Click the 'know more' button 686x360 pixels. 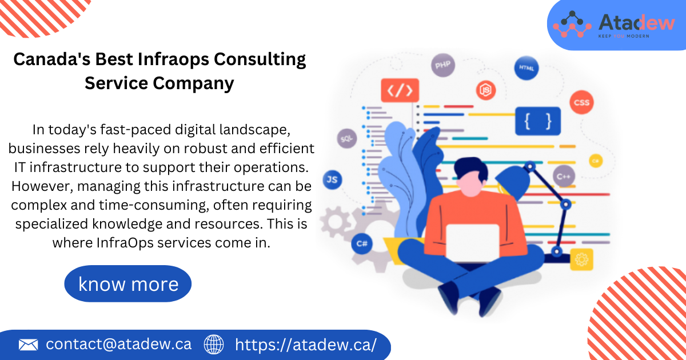pyautogui.click(x=127, y=284)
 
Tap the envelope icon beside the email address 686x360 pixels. pyautogui.click(x=28, y=345)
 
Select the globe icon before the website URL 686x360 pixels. pyautogui.click(x=214, y=345)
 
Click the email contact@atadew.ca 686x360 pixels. pyautogui.click(x=119, y=345)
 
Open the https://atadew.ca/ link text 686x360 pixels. pyautogui.click(x=306, y=345)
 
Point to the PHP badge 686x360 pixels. pyautogui.click(x=442, y=66)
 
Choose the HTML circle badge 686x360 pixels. pyautogui.click(x=525, y=67)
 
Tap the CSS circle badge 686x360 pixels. pyautogui.click(x=581, y=103)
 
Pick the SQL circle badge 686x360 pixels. pyautogui.click(x=346, y=138)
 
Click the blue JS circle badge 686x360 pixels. pyautogui.click(x=332, y=180)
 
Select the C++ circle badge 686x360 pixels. pyautogui.click(x=564, y=176)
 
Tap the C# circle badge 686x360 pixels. pyautogui.click(x=362, y=243)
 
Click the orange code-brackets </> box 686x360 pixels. pyautogui.click(x=400, y=90)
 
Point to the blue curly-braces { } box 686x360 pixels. pyautogui.click(x=538, y=121)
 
